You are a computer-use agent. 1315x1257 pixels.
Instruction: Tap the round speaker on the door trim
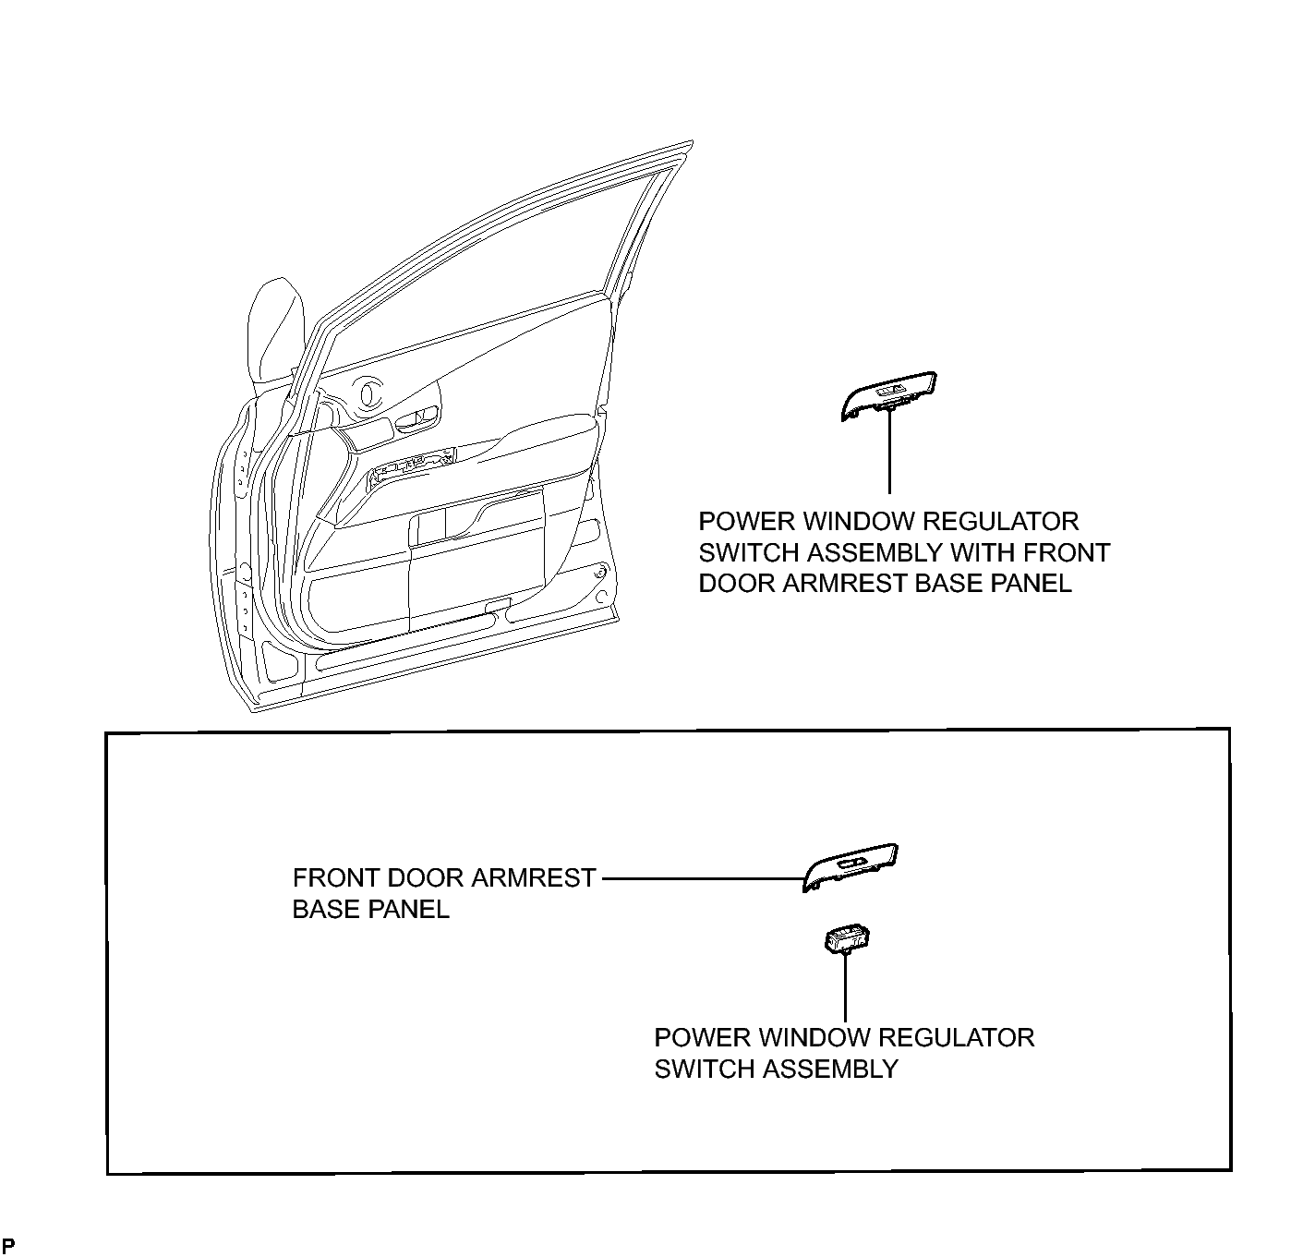369,393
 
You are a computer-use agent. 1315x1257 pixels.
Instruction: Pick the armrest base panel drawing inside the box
851,867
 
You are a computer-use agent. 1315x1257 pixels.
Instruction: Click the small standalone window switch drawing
847,937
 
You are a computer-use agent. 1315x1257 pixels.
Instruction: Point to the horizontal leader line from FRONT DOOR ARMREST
703,878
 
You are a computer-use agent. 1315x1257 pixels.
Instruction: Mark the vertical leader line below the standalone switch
845,986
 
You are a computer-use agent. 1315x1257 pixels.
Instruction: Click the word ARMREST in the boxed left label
533,878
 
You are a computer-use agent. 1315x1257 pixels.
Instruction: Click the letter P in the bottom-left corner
9,1246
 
